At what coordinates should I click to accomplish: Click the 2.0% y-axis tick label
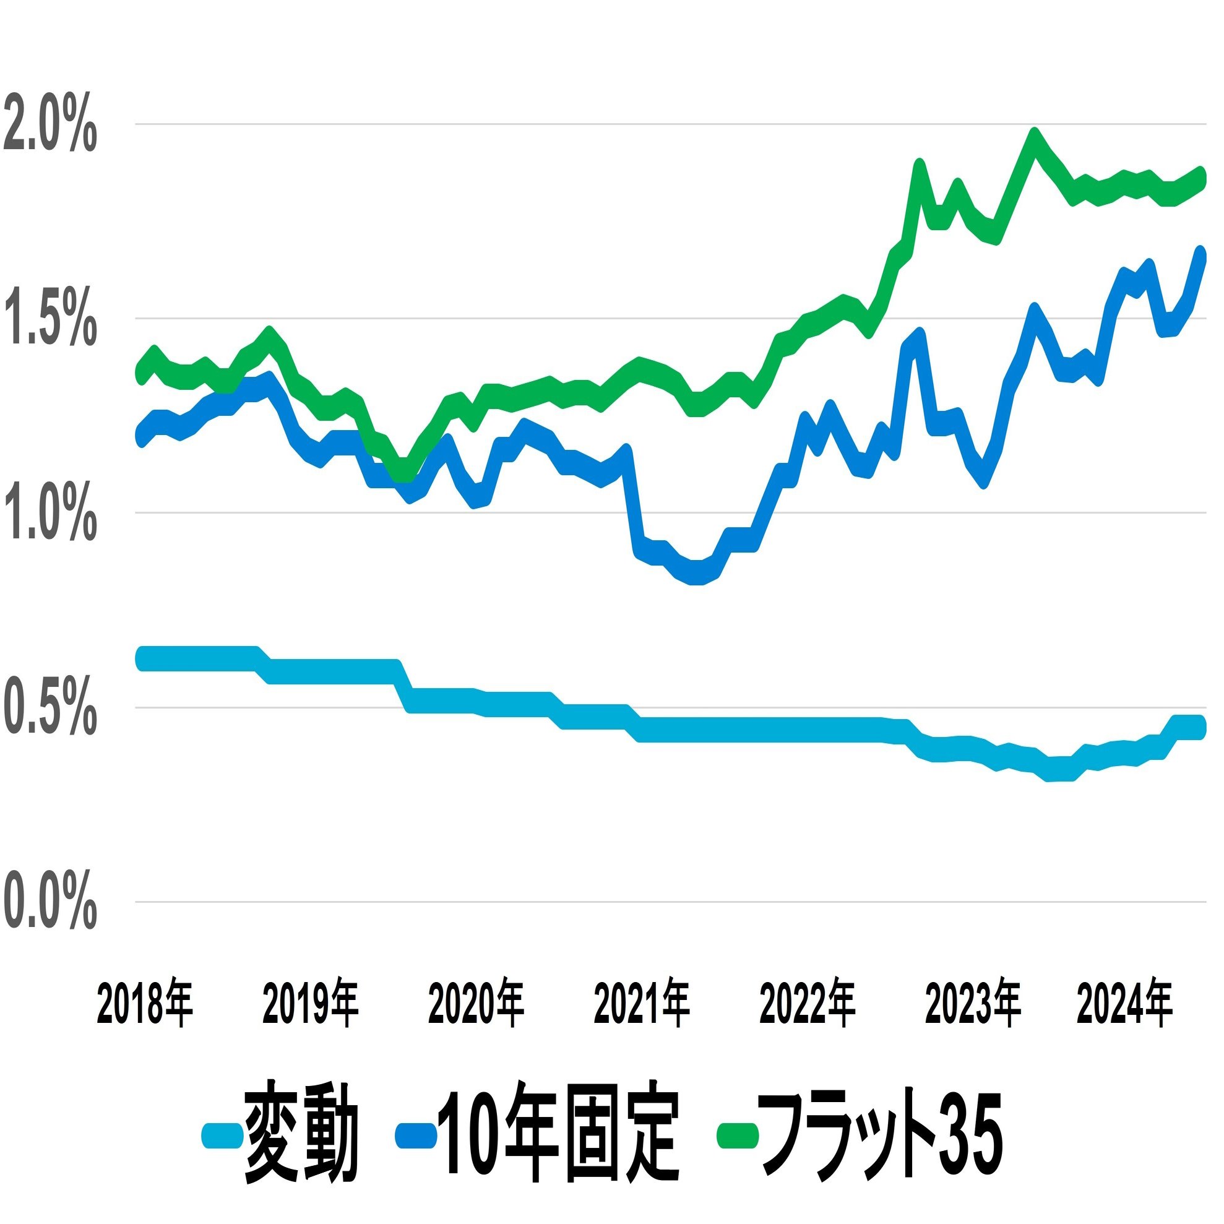(50, 131)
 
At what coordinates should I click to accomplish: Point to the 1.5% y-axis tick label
(50, 325)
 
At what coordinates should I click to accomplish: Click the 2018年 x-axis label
(144, 1004)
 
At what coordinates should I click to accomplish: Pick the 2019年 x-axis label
(311, 1004)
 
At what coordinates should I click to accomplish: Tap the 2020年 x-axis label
(476, 1004)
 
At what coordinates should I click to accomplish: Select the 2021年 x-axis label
(641, 1004)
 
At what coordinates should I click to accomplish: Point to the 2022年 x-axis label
(807, 1004)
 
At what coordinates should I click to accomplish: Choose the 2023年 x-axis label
(973, 1004)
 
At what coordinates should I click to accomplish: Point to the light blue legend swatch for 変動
(222, 1136)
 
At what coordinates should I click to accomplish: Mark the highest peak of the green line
(1035, 136)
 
